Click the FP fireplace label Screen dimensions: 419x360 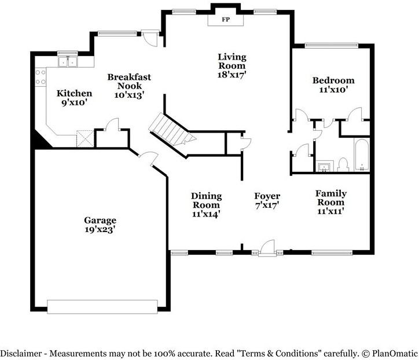[x=226, y=19]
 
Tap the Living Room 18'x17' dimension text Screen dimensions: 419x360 [x=231, y=75]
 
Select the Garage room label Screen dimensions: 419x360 [x=100, y=221]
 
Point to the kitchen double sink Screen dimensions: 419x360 [x=68, y=62]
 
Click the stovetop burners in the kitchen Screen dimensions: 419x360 [x=41, y=77]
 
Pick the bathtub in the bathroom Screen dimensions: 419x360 [x=362, y=155]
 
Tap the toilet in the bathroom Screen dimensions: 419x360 [x=343, y=165]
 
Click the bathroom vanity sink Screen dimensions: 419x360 [x=325, y=167]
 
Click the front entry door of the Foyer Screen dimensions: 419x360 [x=268, y=248]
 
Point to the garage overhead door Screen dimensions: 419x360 [x=102, y=307]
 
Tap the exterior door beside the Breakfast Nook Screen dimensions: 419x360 [x=150, y=38]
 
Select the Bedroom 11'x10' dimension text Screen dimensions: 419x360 [x=333, y=90]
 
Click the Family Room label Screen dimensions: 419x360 [x=331, y=197]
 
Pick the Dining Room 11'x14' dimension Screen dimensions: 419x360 [x=206, y=214]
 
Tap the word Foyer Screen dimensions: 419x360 [x=267, y=196]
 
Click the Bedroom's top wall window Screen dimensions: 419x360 [x=332, y=46]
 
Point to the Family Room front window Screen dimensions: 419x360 [x=332, y=252]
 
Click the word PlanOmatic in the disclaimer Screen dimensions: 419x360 [x=395, y=353]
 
